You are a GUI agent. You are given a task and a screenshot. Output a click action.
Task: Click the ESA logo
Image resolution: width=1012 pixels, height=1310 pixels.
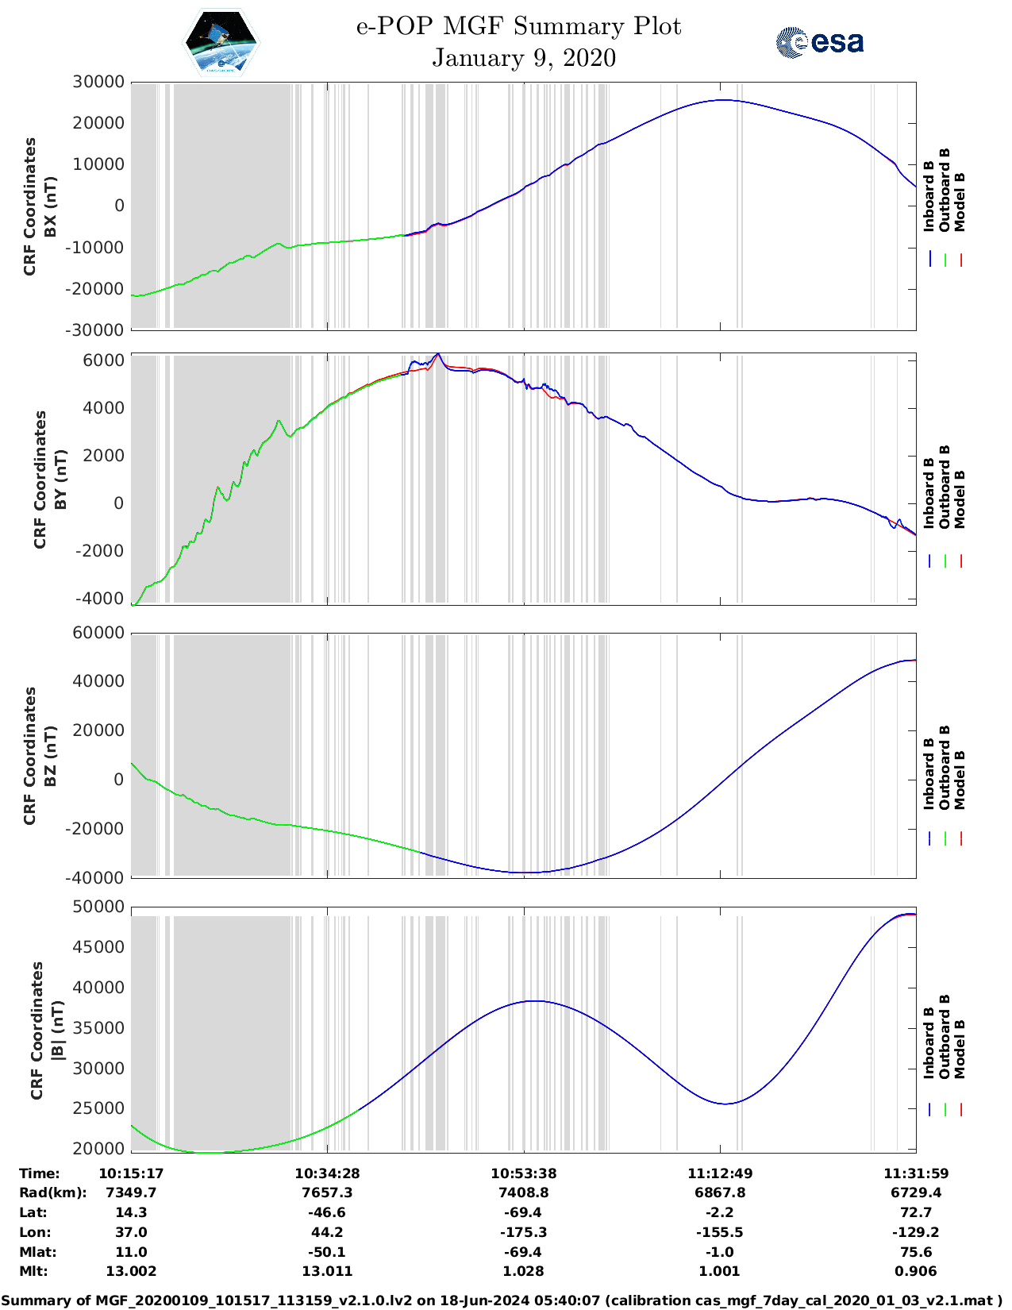(819, 42)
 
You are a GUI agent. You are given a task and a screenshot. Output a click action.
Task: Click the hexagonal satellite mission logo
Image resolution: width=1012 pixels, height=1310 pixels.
(221, 42)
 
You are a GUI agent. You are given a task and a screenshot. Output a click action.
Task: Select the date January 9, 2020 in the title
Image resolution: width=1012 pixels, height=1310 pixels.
(524, 58)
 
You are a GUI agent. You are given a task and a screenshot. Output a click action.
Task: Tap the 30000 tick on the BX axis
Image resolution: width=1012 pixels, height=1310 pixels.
(98, 82)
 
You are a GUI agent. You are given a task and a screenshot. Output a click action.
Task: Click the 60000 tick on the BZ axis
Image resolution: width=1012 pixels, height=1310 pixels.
(98, 633)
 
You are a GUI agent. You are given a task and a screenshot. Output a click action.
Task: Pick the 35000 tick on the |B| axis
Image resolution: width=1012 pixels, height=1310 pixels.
(98, 1028)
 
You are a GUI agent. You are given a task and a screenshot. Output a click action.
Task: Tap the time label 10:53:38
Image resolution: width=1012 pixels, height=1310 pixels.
(523, 1173)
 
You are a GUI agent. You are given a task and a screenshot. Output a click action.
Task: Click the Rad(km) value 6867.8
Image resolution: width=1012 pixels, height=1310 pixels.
(720, 1192)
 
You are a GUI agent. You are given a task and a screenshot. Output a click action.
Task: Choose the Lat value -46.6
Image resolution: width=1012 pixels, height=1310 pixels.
(327, 1212)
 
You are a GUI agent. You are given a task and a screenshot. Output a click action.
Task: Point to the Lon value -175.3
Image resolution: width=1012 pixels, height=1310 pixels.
(523, 1232)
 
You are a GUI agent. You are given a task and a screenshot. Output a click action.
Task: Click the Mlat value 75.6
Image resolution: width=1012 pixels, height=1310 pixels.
(916, 1252)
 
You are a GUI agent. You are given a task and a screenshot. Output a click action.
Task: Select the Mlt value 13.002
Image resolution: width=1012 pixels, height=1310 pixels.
(131, 1271)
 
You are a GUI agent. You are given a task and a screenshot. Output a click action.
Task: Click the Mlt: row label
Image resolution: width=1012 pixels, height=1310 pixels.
(33, 1271)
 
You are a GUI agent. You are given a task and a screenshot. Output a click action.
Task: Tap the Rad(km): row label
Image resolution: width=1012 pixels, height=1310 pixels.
(52, 1192)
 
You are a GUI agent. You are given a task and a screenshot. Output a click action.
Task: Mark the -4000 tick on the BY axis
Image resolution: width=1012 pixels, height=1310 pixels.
(100, 598)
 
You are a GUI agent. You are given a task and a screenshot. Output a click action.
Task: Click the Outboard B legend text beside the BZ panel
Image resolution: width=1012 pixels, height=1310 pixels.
(945, 768)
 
